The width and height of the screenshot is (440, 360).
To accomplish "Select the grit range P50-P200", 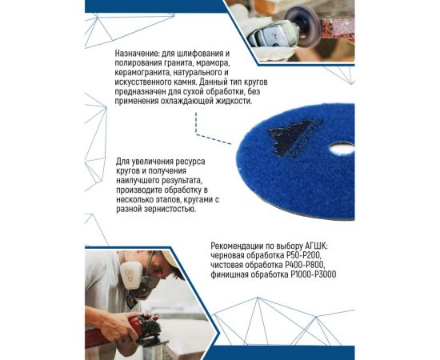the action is tap(302, 256).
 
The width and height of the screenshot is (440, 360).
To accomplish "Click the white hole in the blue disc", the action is tap(342, 148).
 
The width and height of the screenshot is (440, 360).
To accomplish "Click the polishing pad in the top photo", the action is tap(305, 31).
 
